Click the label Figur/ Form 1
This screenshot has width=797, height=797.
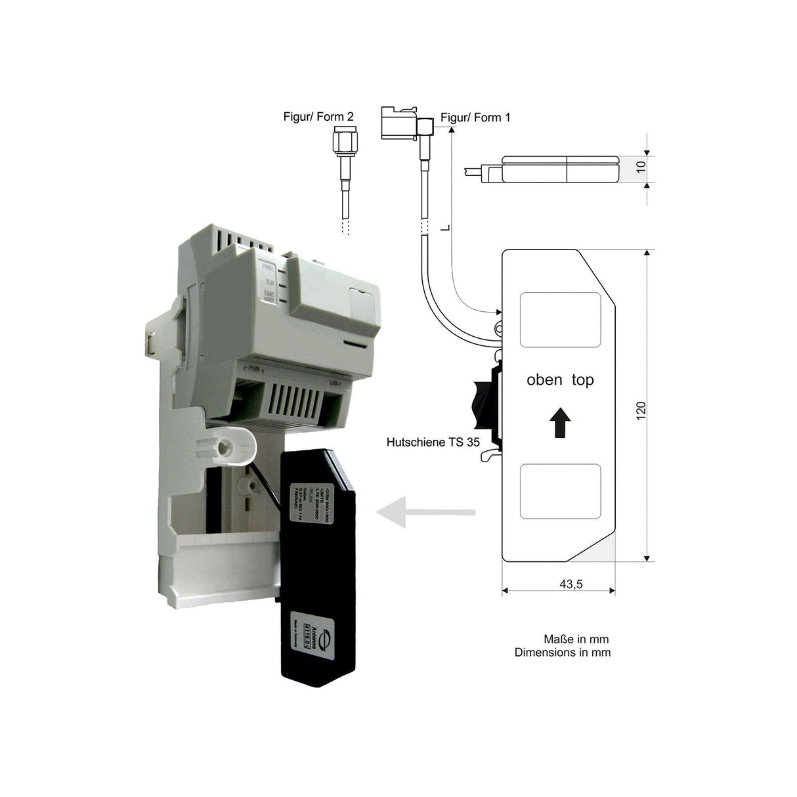tap(475, 118)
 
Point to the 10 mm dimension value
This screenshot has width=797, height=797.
tap(641, 167)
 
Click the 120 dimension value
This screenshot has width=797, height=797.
tap(641, 410)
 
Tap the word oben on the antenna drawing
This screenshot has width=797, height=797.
tap(544, 379)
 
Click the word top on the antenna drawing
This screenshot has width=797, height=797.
tap(583, 379)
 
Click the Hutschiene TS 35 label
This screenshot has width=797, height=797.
tap(433, 442)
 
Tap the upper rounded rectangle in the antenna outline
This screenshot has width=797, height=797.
tap(561, 320)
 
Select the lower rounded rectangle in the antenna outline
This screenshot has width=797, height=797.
tap(561, 491)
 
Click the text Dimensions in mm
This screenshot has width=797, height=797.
tap(563, 653)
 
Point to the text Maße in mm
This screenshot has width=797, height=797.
tap(576, 639)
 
